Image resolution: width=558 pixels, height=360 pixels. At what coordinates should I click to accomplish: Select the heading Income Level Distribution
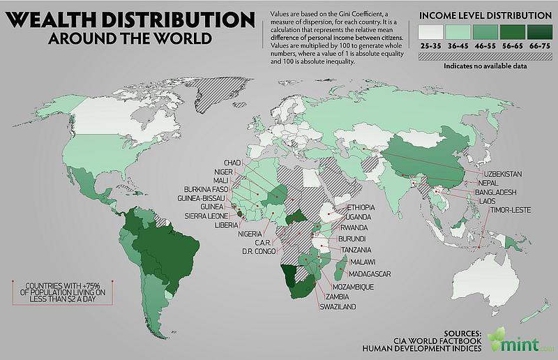pyautogui.click(x=484, y=15)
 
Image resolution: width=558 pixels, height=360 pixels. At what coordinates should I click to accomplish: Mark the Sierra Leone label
pyautogui.click(x=208, y=216)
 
